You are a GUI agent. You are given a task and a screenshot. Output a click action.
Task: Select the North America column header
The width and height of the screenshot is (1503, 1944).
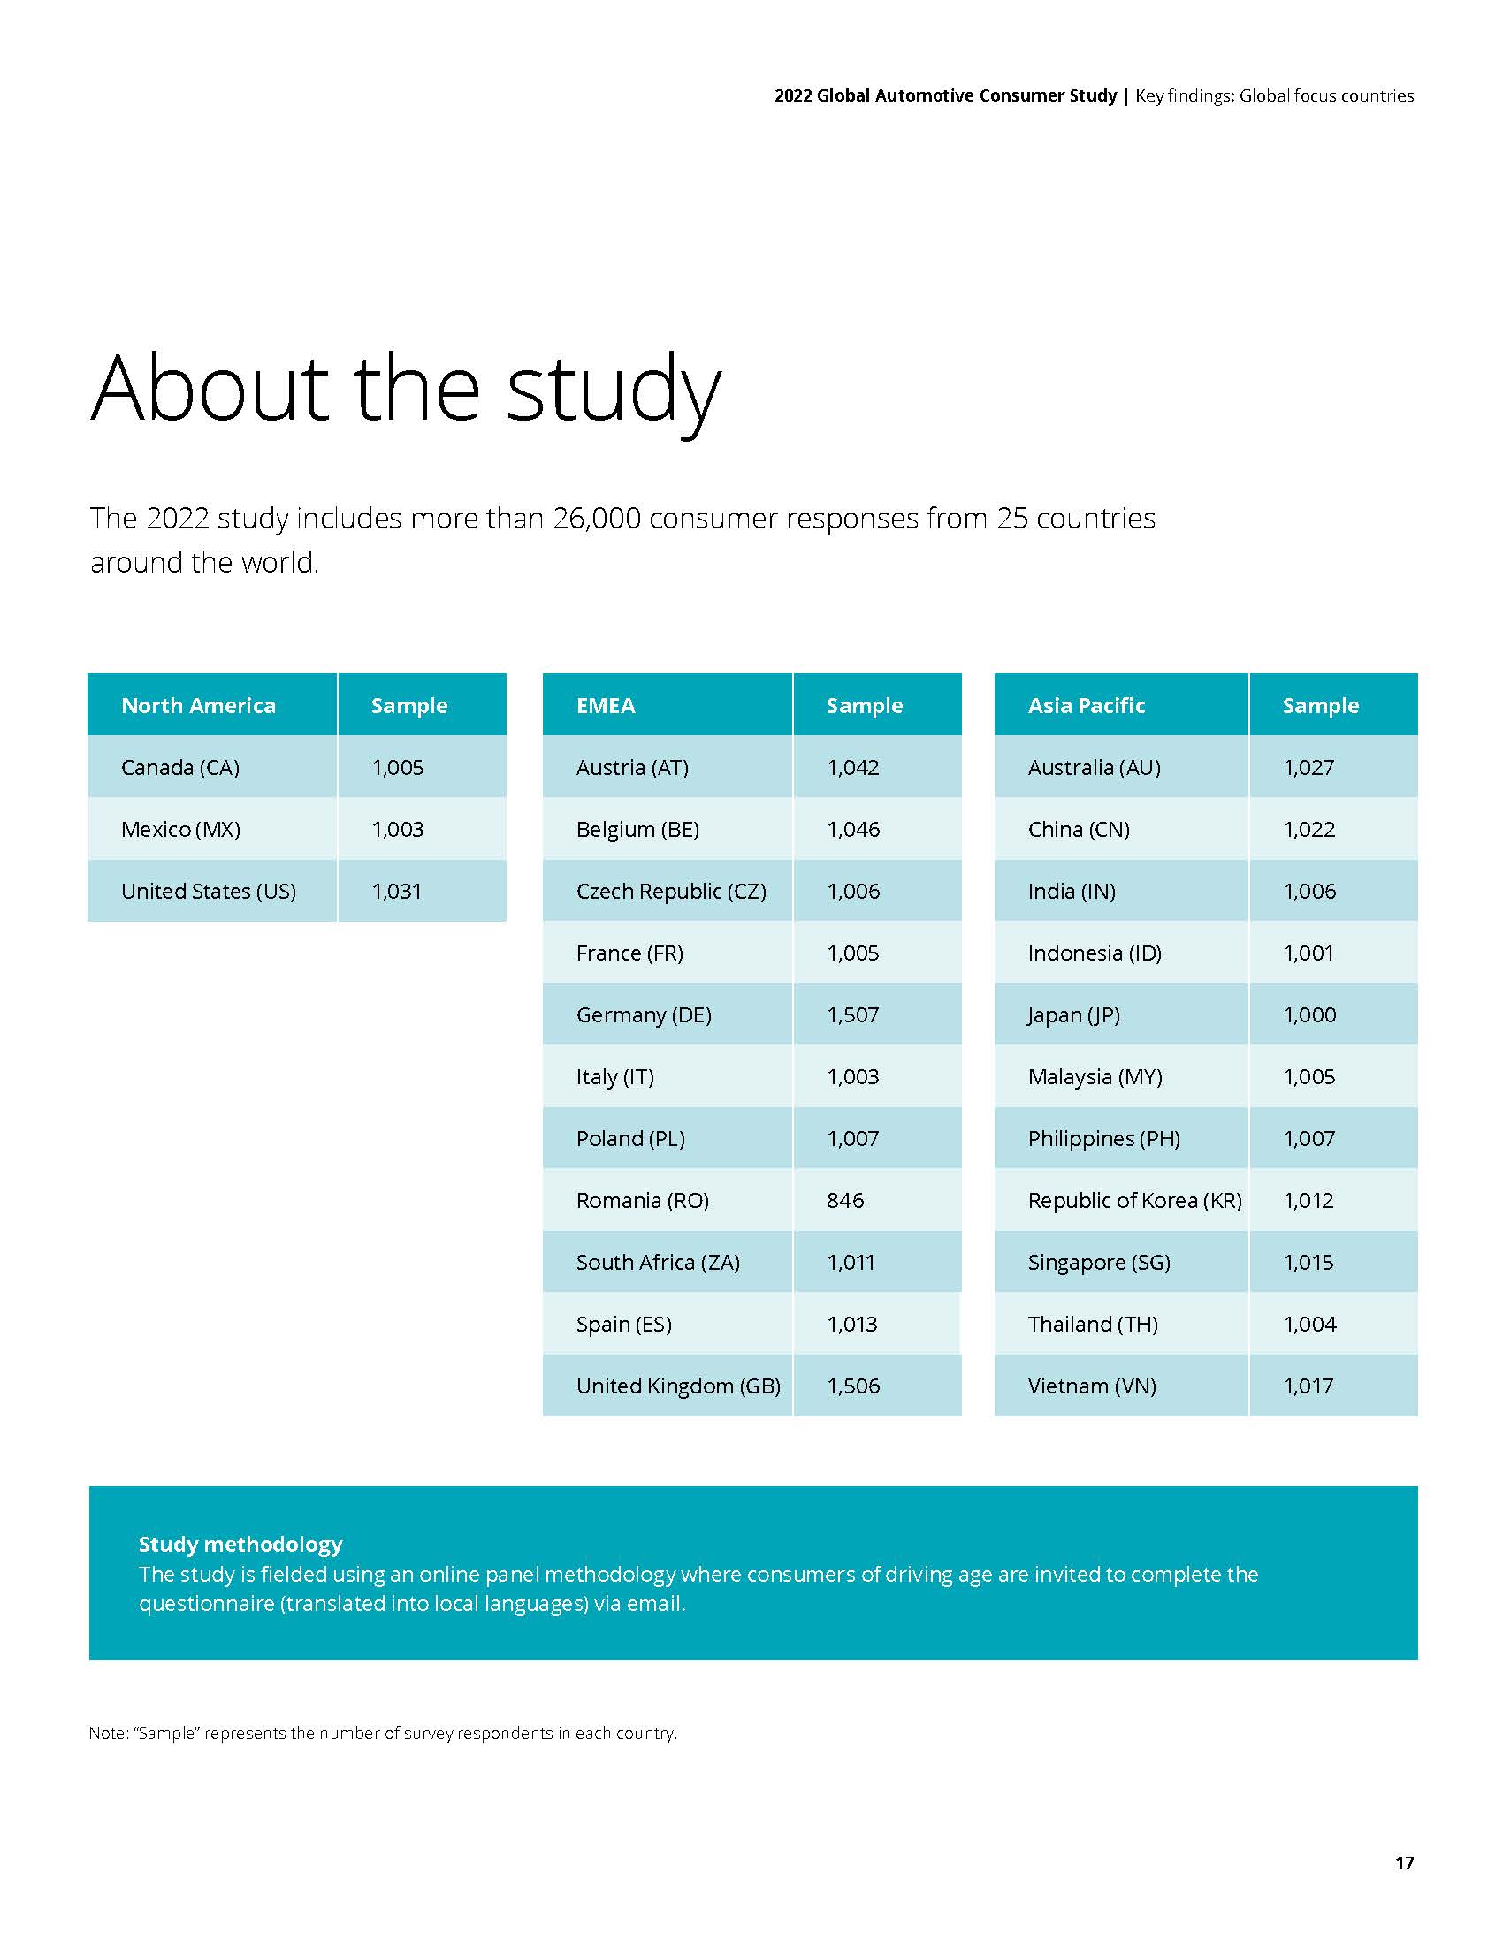coord(198,705)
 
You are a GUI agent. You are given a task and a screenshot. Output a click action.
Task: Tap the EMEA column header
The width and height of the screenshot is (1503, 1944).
coord(606,705)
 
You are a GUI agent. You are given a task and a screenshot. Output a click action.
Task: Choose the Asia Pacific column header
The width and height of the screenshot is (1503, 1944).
coord(1086,705)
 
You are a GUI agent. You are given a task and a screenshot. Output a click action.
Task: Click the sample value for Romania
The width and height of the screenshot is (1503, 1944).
coord(845,1200)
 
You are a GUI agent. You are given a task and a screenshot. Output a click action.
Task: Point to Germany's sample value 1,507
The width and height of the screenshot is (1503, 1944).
coord(852,1014)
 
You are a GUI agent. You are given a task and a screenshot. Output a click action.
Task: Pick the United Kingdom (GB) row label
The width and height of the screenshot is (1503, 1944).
coord(677,1386)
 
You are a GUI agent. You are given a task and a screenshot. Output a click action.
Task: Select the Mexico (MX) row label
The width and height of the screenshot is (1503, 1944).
coord(179,829)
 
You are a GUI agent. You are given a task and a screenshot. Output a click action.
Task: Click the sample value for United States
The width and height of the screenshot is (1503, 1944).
coord(396,891)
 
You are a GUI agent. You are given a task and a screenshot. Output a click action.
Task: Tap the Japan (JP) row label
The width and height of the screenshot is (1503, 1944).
coord(1073,1014)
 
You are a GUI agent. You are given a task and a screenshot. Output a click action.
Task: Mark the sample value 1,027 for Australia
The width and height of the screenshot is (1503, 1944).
coord(1308,767)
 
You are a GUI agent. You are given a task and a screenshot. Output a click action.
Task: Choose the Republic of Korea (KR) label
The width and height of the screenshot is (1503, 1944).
coord(1134,1200)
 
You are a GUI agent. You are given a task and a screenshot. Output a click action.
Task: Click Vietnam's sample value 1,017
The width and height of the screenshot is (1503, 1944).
coord(1308,1386)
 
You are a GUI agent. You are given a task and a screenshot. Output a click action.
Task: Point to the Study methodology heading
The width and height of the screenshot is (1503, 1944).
coord(240,1544)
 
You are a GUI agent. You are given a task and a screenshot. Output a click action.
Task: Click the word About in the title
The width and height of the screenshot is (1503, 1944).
coord(210,389)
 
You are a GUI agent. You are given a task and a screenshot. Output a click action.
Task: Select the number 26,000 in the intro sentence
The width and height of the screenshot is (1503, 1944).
coord(597,518)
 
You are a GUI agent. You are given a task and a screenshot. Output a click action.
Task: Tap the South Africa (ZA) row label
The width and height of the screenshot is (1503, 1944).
coord(657,1262)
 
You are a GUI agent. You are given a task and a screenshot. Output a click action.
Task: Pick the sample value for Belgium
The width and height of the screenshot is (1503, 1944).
coord(853,829)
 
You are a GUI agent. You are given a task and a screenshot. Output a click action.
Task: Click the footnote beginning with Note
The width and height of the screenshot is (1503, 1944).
coord(383,1733)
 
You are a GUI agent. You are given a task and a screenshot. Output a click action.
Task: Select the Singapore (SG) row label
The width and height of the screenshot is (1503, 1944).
coord(1099,1262)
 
